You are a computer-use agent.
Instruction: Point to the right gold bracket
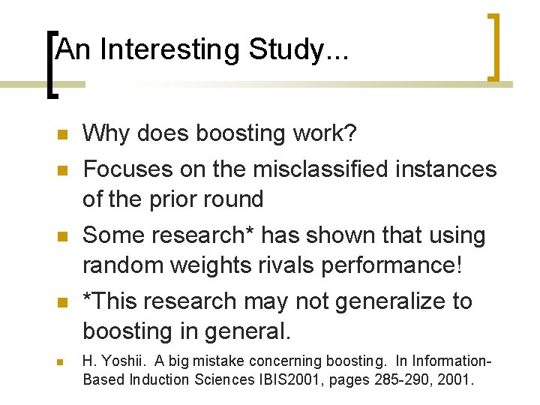click(x=494, y=46)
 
